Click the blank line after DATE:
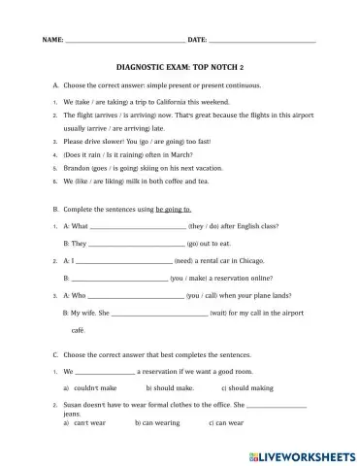[x=262, y=42]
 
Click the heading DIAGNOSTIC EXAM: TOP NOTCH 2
[x=180, y=69]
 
